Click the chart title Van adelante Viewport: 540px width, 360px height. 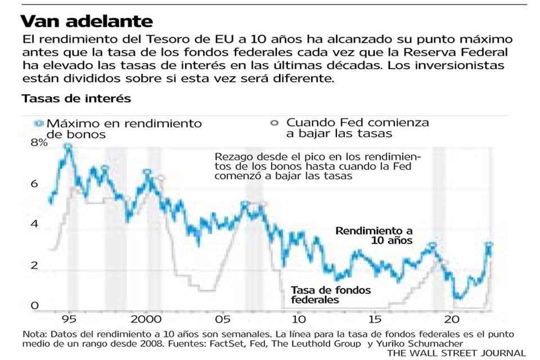pos(87,21)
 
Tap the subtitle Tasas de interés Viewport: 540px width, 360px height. pos(76,98)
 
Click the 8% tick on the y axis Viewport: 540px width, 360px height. pos(40,143)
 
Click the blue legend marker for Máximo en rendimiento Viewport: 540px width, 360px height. pos(38,123)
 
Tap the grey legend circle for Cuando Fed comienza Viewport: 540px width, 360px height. pos(274,123)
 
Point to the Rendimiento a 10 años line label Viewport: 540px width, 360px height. pos(374,235)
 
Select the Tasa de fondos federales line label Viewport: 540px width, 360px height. pos(331,295)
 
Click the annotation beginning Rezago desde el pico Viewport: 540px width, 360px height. pos(318,165)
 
